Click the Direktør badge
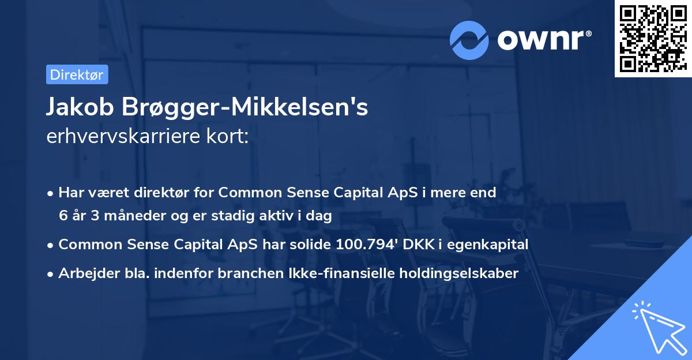coord(77,74)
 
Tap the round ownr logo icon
coord(468,39)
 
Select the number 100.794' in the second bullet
coord(365,245)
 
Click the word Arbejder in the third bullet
coord(85,273)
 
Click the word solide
coord(311,245)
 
